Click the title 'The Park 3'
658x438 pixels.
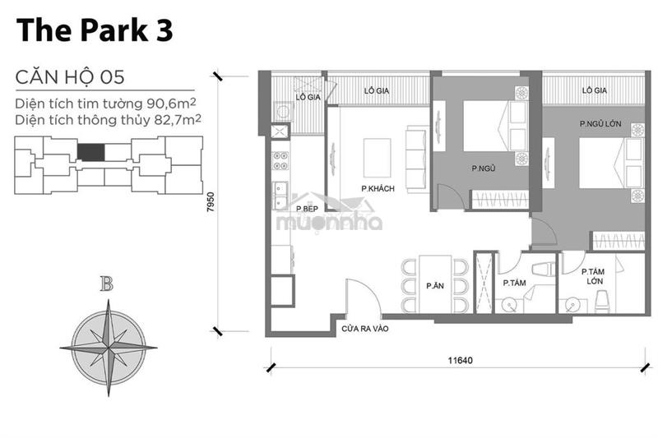click(x=95, y=30)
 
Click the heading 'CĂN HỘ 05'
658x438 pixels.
click(x=70, y=77)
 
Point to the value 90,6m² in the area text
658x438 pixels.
click(x=172, y=103)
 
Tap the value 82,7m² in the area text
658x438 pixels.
click(x=178, y=120)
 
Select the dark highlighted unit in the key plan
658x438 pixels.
click(x=90, y=152)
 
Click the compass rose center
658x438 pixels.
click(x=109, y=348)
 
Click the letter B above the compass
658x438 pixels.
click(x=107, y=284)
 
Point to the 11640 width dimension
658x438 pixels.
click(x=460, y=360)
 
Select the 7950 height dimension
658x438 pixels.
click(x=211, y=201)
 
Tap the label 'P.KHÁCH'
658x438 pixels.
click(x=378, y=189)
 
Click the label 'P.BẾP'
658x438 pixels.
click(x=307, y=209)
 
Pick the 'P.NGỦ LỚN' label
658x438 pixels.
click(x=600, y=123)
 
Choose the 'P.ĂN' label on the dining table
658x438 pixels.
click(x=435, y=286)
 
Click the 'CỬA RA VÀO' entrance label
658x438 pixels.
click(x=365, y=329)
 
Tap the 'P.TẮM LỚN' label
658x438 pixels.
click(x=594, y=277)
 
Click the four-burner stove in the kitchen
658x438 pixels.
click(x=280, y=160)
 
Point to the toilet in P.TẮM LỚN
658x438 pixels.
click(x=603, y=302)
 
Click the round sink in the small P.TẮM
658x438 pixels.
click(x=510, y=305)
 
